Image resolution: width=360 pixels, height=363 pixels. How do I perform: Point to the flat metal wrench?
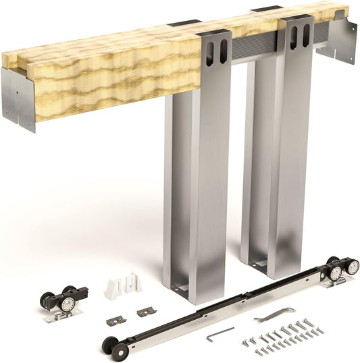274,314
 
